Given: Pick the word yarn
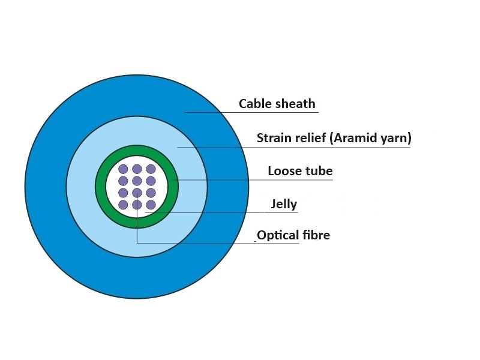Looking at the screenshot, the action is [x=396, y=139].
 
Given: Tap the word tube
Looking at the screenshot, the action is [x=317, y=171].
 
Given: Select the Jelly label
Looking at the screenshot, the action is [x=284, y=204].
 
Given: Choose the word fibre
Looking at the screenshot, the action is [x=316, y=235].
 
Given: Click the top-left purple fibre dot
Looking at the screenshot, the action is [x=123, y=169].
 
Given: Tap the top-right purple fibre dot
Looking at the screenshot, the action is [x=151, y=169].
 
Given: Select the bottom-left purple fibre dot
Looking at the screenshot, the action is [x=123, y=205].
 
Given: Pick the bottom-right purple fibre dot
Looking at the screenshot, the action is [x=151, y=205].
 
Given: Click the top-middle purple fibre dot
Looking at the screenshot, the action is [x=137, y=169].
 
